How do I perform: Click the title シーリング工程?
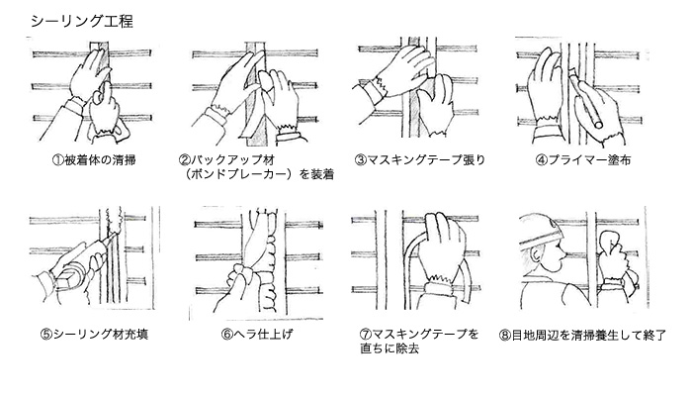pos(82,21)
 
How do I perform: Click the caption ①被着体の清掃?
pos(94,160)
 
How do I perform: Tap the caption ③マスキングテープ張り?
pos(420,160)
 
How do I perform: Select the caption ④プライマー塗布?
pos(583,160)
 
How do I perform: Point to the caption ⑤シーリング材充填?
pos(94,335)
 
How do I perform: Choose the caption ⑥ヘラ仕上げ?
pos(257,335)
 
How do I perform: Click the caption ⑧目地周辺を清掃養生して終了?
pos(582,336)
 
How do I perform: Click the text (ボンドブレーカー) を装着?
pos(260,174)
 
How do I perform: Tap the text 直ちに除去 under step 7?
pos(389,348)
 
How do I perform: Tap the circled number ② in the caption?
pos(184,160)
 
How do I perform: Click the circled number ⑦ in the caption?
pos(366,335)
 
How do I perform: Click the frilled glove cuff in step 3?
pos(379,85)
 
